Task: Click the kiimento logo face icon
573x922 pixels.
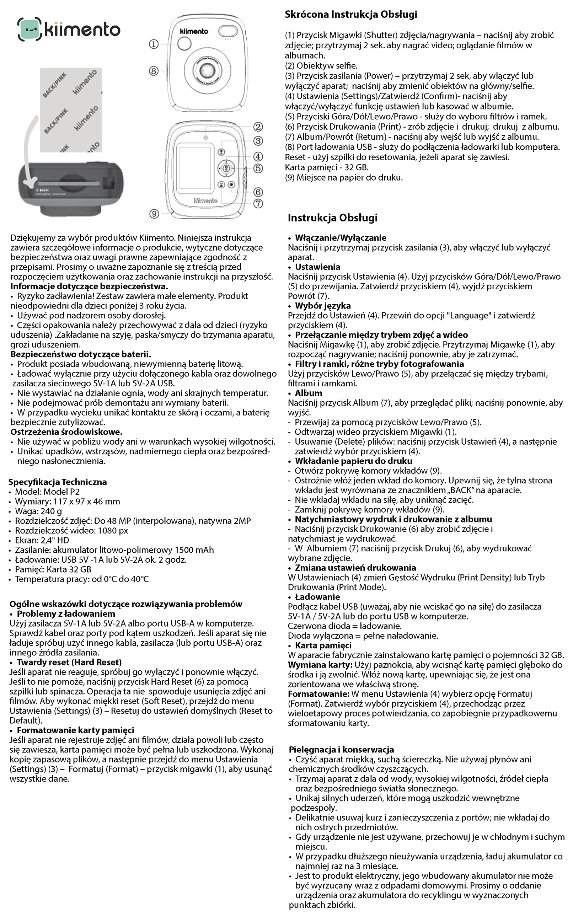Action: (29, 29)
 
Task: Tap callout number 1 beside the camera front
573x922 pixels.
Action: (154, 44)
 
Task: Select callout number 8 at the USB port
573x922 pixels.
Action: (154, 71)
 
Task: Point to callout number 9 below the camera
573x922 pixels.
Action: (154, 214)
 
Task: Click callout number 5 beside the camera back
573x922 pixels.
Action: (258, 168)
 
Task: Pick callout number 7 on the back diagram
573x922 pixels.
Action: (258, 204)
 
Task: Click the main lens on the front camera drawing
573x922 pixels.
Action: (207, 70)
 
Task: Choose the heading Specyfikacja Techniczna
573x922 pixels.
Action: (58, 482)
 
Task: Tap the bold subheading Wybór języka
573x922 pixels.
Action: (323, 306)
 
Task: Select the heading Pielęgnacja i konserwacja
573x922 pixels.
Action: (341, 750)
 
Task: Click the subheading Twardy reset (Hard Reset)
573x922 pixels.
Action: (69, 662)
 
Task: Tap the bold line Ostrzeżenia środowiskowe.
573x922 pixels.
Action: (66, 432)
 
